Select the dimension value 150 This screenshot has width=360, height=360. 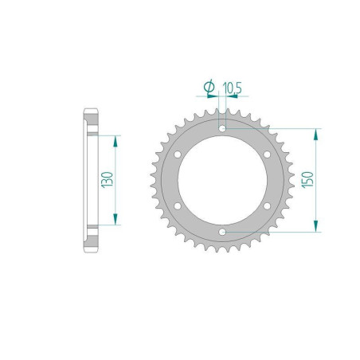tap(307, 180)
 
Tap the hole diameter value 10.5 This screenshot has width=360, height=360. tap(232, 85)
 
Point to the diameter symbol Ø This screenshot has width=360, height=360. tap(208, 85)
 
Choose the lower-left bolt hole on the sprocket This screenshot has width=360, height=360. tap(178, 206)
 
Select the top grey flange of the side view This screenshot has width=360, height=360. tap(90, 121)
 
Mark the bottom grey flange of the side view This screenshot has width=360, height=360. tap(90, 238)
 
